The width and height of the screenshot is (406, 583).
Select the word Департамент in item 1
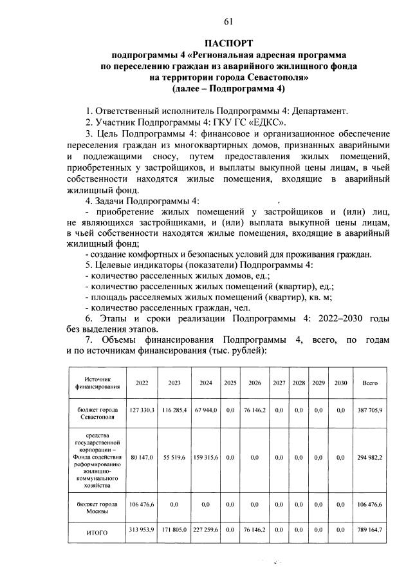click(320, 110)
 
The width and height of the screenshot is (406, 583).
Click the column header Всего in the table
click(370, 383)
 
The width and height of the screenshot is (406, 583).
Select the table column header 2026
click(254, 383)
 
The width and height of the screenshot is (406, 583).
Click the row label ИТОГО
click(97, 533)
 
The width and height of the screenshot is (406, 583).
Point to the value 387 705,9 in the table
click(370, 409)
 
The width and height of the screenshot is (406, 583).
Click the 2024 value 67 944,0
click(205, 409)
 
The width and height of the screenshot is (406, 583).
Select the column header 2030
click(340, 383)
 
